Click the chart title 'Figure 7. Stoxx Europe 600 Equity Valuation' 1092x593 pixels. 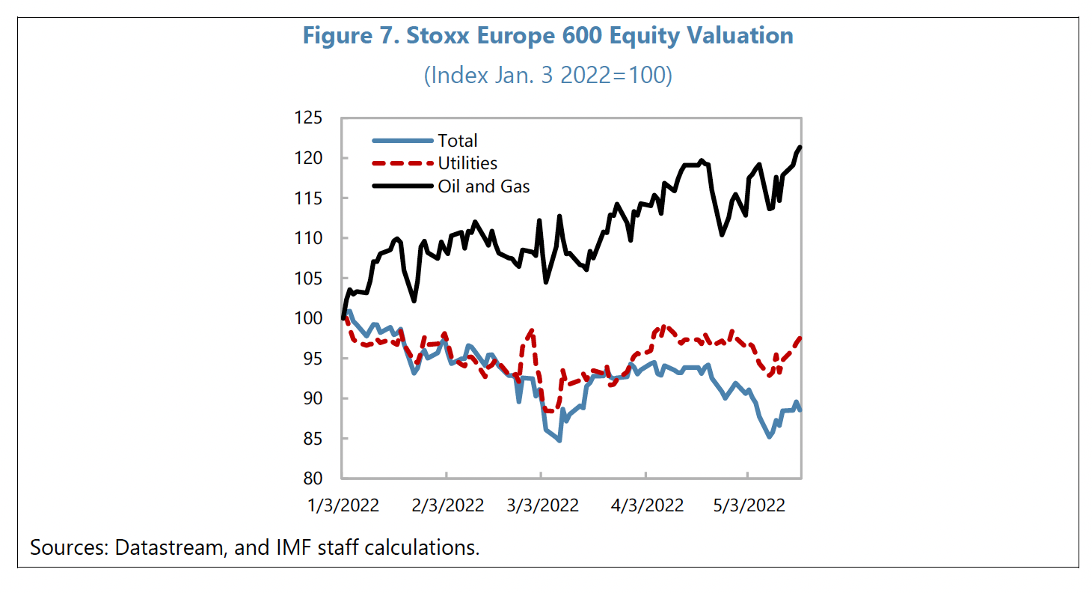tap(547, 36)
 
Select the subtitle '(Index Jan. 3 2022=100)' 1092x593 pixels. tap(547, 76)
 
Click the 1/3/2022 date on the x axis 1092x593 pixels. tap(344, 505)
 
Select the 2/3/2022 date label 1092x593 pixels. tap(448, 505)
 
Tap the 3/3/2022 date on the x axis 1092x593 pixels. tap(544, 505)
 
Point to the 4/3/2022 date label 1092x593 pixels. tap(648, 505)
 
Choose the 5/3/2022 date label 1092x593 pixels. tap(749, 505)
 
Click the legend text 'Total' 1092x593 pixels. tap(457, 141)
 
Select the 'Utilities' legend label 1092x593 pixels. tap(467, 163)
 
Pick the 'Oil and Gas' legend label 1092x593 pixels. tap(483, 186)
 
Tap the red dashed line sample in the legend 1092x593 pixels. tap(402, 163)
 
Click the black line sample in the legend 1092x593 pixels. tap(402, 186)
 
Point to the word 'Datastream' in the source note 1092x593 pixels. tap(169, 547)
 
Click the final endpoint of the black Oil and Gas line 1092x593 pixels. tap(800, 147)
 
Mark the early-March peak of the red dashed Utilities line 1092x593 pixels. tap(531, 330)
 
